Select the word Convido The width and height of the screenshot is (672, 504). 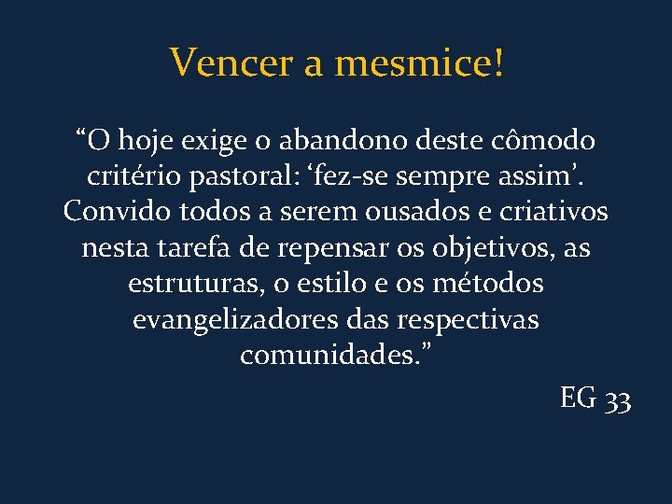(x=114, y=212)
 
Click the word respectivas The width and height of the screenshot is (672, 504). (x=468, y=319)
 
